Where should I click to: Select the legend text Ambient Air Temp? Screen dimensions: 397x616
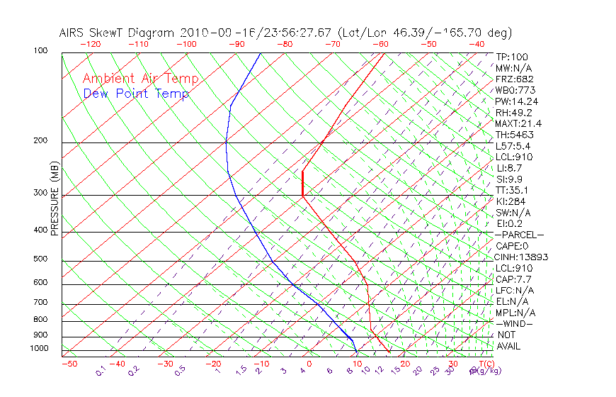click(x=140, y=79)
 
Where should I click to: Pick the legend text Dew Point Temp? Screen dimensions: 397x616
click(x=136, y=94)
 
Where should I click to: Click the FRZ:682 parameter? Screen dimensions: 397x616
click(x=515, y=79)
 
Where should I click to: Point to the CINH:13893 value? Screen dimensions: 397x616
click(x=522, y=257)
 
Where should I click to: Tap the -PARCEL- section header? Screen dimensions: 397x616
click(x=520, y=235)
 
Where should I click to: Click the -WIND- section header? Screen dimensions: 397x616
click(x=515, y=323)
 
